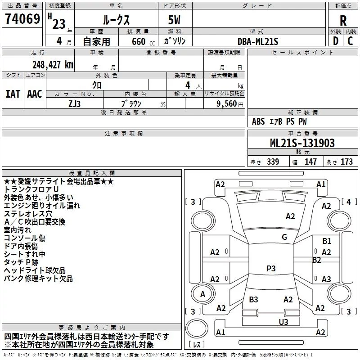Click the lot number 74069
pyautogui.click(x=22, y=18)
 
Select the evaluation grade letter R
pyautogui.click(x=343, y=21)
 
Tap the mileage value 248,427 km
pyautogui.click(x=53, y=65)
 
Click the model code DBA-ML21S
pyautogui.click(x=258, y=41)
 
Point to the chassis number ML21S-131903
pyautogui.click(x=302, y=143)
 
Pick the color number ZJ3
pyautogui.click(x=75, y=104)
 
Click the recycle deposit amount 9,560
pyautogui.click(x=227, y=103)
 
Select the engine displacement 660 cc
pyautogui.click(x=143, y=41)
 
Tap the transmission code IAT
pyautogui.click(x=13, y=94)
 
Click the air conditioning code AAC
pyautogui.click(x=35, y=94)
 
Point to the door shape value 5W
pyautogui.click(x=174, y=20)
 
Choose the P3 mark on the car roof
pyautogui.click(x=271, y=268)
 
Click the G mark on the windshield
pyautogui.click(x=284, y=237)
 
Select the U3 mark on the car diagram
pyautogui.click(x=283, y=322)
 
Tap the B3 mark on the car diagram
pyautogui.click(x=253, y=299)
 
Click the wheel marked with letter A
pyautogui.click(x=202, y=294)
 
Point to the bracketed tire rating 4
pyautogui.click(x=349, y=202)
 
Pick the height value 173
pyautogui.click(x=346, y=162)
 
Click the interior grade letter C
pyautogui.click(x=350, y=41)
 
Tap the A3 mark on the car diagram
pyautogui.click(x=326, y=279)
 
